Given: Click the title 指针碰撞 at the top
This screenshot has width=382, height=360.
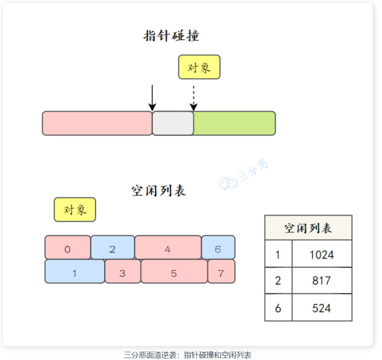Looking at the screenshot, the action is click(x=172, y=36).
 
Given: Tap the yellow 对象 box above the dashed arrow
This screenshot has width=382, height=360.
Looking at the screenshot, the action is click(x=199, y=67).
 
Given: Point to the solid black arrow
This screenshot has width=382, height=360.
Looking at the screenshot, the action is click(x=152, y=98).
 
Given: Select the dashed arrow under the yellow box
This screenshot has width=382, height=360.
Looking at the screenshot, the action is click(x=194, y=98).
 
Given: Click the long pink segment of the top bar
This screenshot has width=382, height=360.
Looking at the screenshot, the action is click(x=97, y=123).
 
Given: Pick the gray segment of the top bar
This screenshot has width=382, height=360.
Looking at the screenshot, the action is click(x=173, y=123).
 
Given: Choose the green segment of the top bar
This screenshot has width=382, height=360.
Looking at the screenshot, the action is click(x=234, y=123).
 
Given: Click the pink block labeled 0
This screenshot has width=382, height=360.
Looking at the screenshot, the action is click(x=68, y=247).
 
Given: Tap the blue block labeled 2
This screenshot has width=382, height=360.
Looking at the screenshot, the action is click(x=113, y=247).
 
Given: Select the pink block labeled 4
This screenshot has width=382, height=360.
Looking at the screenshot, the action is click(x=168, y=247).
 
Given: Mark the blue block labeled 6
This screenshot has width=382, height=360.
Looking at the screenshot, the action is click(x=218, y=247).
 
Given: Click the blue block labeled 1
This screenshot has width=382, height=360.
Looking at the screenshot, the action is click(x=75, y=271).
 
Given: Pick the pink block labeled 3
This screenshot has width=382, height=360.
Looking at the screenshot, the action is click(x=123, y=271).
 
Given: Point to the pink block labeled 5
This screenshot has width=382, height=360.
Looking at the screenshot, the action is click(x=174, y=271).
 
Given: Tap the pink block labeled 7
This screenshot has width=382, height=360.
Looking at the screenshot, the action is click(x=221, y=271).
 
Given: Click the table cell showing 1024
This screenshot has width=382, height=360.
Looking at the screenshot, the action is click(x=322, y=254).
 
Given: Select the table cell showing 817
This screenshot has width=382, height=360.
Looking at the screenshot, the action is click(x=322, y=281).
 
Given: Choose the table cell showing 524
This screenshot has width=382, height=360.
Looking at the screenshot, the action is click(x=322, y=308).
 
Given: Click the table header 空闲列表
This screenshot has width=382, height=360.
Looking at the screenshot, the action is click(x=308, y=228).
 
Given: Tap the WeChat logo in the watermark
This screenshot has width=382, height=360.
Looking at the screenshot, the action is click(x=228, y=184).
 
